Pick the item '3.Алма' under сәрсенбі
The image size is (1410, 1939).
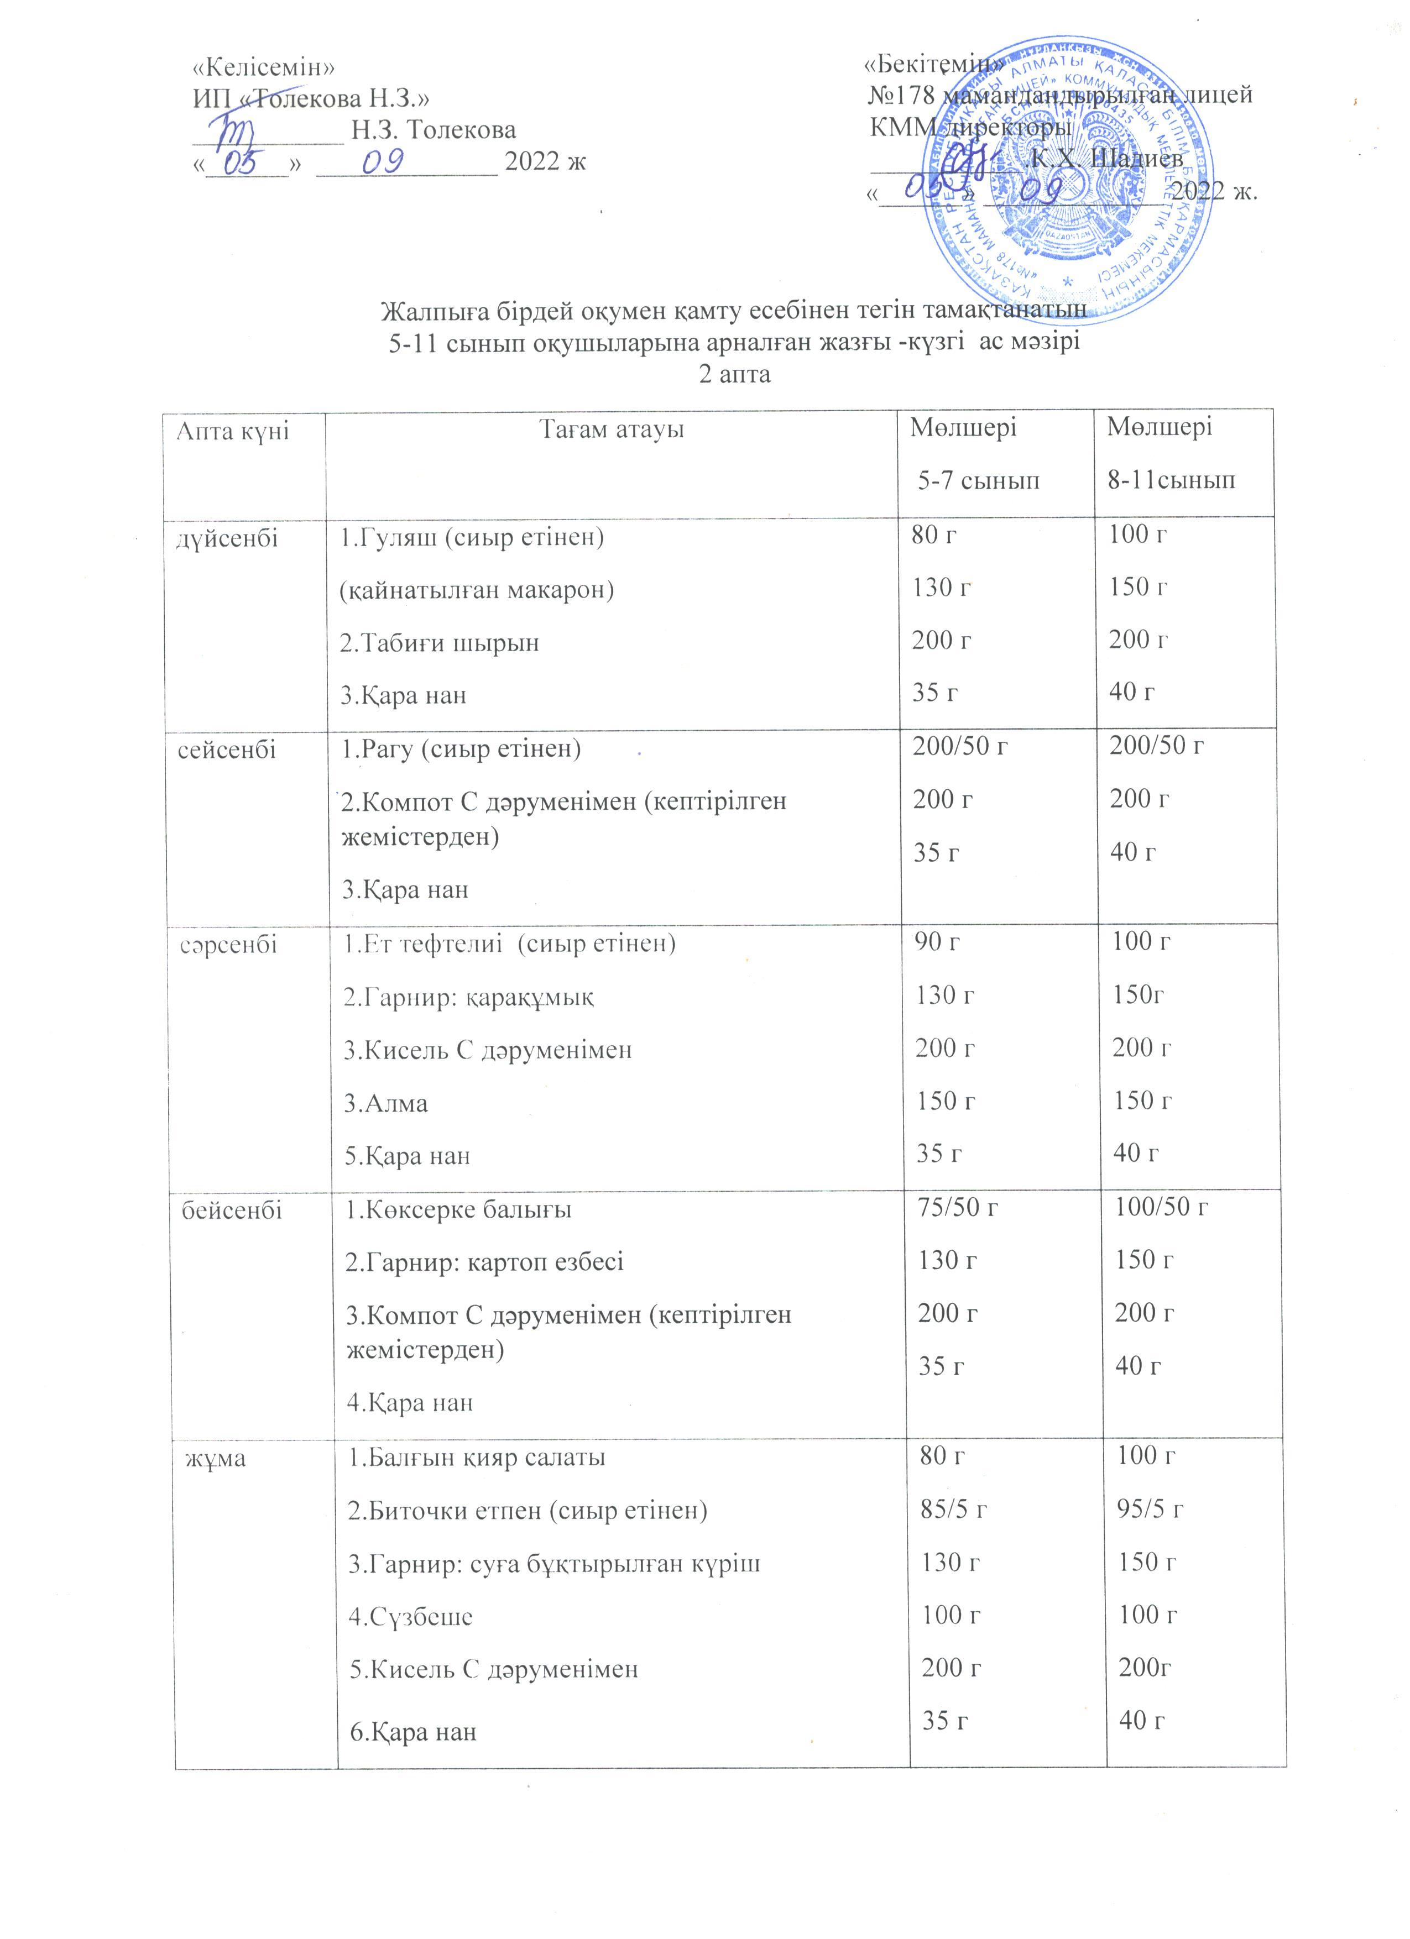coord(385,1103)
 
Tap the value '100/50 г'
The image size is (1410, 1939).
coord(1161,1207)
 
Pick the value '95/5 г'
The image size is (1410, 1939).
coord(1151,1509)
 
